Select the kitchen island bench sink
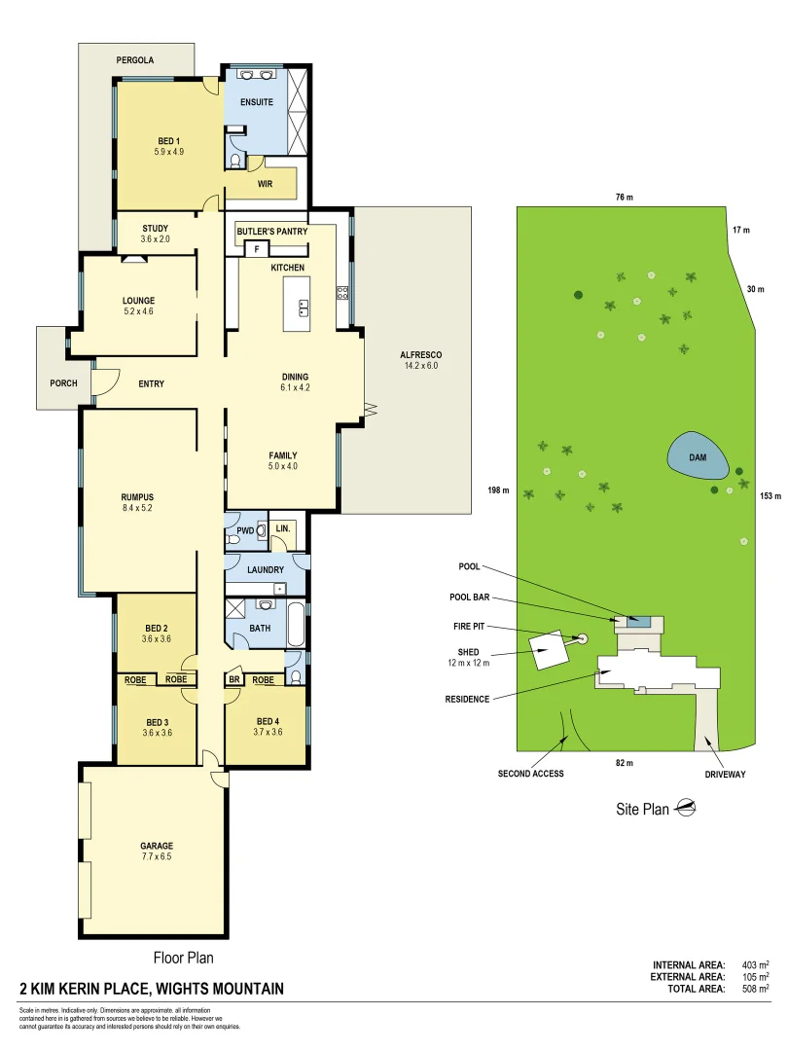click(302, 309)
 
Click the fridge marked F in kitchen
click(257, 249)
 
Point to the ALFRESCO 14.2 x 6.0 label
click(421, 360)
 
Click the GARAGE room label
click(156, 846)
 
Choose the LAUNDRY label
click(265, 570)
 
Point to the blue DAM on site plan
click(698, 455)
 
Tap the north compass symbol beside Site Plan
click(687, 807)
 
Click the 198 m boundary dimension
click(500, 490)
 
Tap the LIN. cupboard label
click(283, 528)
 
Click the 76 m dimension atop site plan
click(624, 198)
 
